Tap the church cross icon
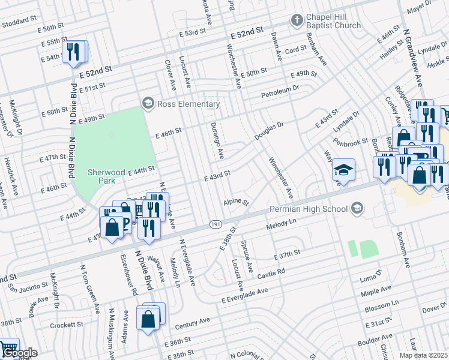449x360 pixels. tap(296, 21)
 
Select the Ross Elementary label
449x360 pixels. tap(188, 104)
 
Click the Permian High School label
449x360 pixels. tap(309, 209)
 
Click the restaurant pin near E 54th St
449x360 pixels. tap(74, 52)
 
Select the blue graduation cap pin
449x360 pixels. tap(345, 170)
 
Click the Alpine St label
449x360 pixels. tap(235, 202)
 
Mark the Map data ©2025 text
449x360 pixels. tap(423, 355)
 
